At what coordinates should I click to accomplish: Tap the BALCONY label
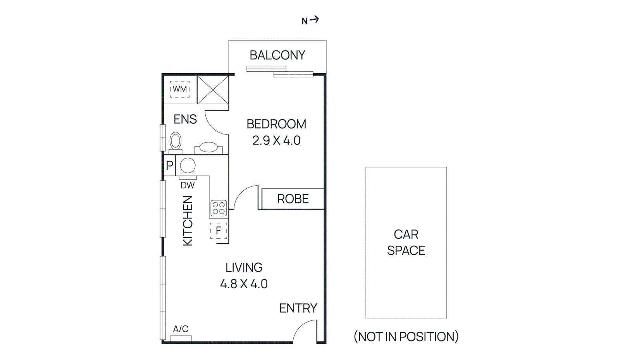pyautogui.click(x=277, y=55)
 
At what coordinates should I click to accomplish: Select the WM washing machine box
pyautogui.click(x=180, y=89)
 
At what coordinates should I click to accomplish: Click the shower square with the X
pyautogui.click(x=213, y=90)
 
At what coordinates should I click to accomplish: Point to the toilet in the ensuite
pyautogui.click(x=176, y=141)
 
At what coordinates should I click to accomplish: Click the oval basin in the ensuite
pyautogui.click(x=208, y=147)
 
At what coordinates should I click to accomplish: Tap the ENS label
pyautogui.click(x=185, y=119)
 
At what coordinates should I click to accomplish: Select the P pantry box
pyautogui.click(x=170, y=165)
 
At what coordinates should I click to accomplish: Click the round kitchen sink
pyautogui.click(x=188, y=165)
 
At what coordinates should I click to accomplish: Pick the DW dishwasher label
pyautogui.click(x=188, y=185)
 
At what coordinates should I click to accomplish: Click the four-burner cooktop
pyautogui.click(x=219, y=208)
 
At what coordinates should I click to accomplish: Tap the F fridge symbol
pyautogui.click(x=219, y=231)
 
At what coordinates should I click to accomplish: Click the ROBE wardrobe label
pyautogui.click(x=293, y=199)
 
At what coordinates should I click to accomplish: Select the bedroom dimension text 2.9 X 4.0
pyautogui.click(x=276, y=140)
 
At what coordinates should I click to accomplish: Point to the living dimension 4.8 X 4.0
pyautogui.click(x=244, y=284)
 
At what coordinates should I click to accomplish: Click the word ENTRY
pyautogui.click(x=298, y=308)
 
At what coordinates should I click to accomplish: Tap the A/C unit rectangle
pyautogui.click(x=181, y=338)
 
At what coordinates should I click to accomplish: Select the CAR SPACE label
pyautogui.click(x=406, y=242)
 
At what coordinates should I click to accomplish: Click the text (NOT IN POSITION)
pyautogui.click(x=406, y=336)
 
